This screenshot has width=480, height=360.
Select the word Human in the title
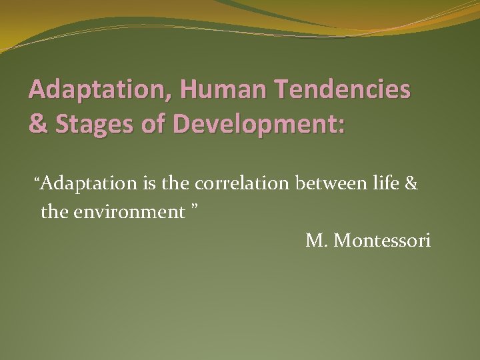pyautogui.click(x=205, y=89)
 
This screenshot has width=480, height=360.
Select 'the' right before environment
pyautogui.click(x=54, y=212)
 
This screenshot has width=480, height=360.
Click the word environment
pyautogui.click(x=129, y=212)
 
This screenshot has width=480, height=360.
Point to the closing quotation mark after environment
pyautogui.click(x=195, y=209)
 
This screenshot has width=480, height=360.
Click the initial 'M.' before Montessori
pyautogui.click(x=317, y=241)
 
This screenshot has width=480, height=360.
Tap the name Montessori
pyautogui.click(x=382, y=241)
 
